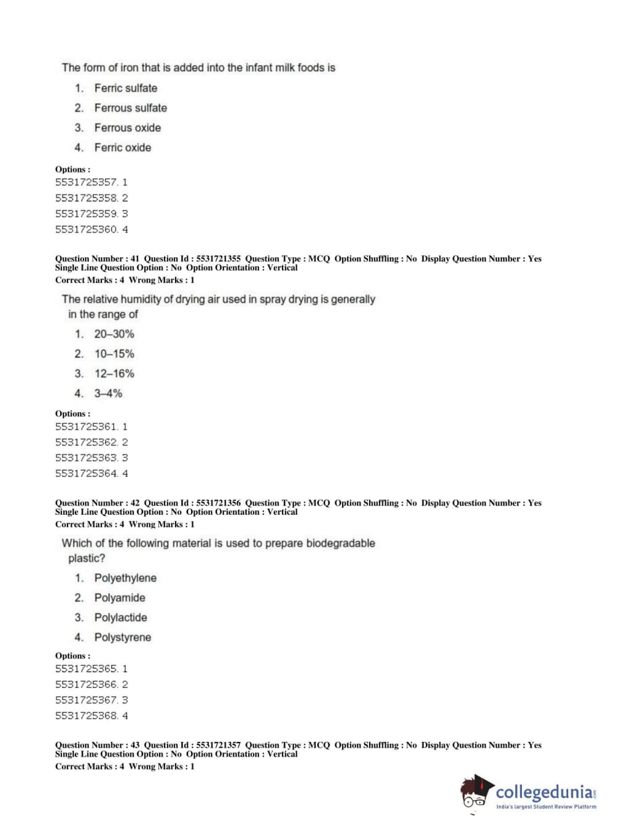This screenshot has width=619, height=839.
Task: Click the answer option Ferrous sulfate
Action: pos(130,108)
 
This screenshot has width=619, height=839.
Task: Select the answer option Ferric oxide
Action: pos(122,147)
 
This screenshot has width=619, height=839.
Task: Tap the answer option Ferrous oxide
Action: pos(127,127)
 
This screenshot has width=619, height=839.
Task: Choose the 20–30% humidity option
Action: pos(114,334)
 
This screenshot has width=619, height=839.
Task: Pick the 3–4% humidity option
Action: pos(108,394)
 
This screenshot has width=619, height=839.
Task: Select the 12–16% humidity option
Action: pos(114,374)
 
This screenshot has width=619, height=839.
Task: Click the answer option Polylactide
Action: pos(121,617)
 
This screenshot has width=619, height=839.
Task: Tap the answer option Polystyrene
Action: pos(122,637)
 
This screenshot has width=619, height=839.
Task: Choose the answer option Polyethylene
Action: pos(125,578)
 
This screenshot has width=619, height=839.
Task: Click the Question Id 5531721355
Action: pos(218,259)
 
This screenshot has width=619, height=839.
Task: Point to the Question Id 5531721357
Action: pos(218,746)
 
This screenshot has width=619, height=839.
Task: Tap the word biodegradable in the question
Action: pos(341,543)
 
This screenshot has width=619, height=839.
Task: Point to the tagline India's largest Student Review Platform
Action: pos(546,807)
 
